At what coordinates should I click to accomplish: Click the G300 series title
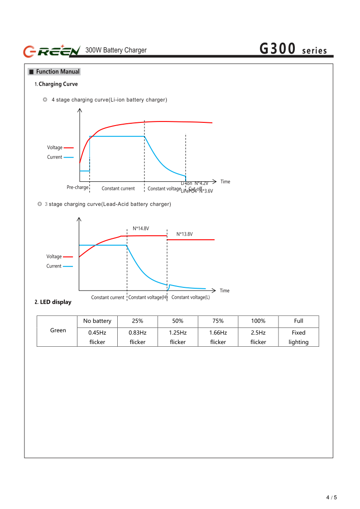[x=293, y=49]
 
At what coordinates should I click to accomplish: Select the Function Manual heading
[x=54, y=72]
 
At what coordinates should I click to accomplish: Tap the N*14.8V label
[x=141, y=228]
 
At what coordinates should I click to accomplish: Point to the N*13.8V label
[x=184, y=234]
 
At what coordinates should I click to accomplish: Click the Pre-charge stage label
[x=77, y=187]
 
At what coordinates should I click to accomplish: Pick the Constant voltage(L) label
[x=191, y=297]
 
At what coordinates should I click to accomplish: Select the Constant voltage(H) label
[x=148, y=297]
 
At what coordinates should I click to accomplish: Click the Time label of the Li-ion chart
[x=225, y=182]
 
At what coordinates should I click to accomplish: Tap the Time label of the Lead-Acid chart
[x=225, y=291]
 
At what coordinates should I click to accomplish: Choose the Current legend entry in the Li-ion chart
[x=55, y=157]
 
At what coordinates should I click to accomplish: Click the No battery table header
[x=97, y=321]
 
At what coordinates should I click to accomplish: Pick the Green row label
[x=58, y=330]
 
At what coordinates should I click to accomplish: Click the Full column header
[x=298, y=321]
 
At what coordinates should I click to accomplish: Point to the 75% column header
[x=218, y=321]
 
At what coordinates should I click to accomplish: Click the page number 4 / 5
[x=331, y=497]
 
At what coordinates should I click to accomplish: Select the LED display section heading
[x=53, y=302]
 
